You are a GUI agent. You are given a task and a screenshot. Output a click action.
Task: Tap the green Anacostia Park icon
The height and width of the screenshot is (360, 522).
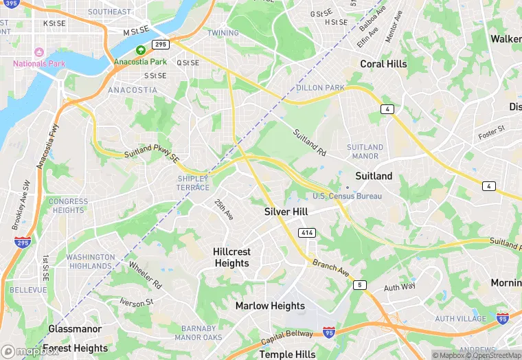tap(141, 50)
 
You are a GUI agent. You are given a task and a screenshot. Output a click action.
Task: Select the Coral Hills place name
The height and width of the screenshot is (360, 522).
tap(383, 64)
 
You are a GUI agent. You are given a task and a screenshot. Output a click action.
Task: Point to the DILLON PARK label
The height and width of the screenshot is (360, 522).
tap(320, 88)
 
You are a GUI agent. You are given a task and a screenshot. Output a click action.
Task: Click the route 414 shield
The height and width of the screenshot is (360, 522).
tap(307, 234)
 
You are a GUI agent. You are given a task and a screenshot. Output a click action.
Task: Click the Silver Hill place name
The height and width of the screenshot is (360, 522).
tap(286, 212)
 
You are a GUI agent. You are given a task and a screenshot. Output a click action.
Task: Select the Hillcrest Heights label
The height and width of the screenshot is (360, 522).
tap(231, 258)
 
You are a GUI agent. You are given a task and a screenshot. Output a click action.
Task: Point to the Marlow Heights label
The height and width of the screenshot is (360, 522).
tap(270, 306)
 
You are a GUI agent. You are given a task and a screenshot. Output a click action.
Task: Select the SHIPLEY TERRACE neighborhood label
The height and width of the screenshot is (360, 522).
tap(193, 183)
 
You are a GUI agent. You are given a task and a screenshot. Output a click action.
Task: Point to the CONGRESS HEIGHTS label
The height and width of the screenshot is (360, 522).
tap(68, 206)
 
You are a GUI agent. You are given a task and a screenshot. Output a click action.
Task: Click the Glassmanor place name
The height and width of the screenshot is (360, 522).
tap(75, 329)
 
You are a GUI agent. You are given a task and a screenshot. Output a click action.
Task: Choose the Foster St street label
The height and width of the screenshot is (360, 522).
tap(491, 129)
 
